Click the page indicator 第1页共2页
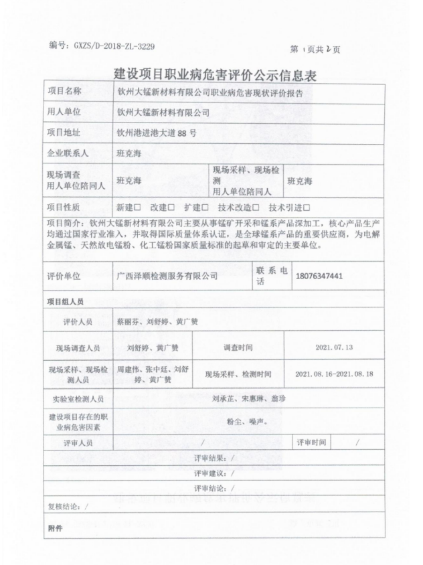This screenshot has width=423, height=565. point(315,50)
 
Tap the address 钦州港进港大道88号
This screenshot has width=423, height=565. point(156,133)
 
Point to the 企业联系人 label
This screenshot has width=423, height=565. point(69,153)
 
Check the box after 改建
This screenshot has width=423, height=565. point(171,208)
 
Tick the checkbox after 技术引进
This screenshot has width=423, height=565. point(307,208)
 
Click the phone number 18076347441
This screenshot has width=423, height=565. point(319,276)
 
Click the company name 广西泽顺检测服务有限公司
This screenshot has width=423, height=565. point(167,275)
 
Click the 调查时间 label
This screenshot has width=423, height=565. point(238,347)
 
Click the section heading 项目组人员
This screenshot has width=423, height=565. point(66,302)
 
